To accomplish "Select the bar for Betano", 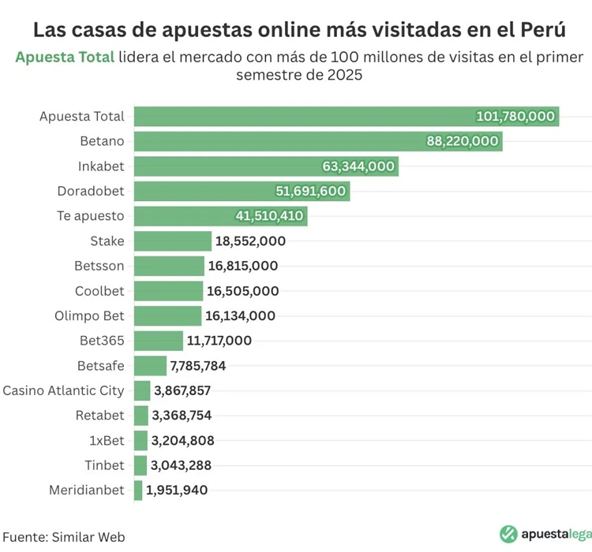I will [x=318, y=141].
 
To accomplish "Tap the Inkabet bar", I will [x=266, y=166].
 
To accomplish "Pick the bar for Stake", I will [x=173, y=241].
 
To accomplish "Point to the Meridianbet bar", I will [x=138, y=490].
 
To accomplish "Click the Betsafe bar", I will [x=151, y=365].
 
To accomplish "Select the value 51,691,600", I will [x=310, y=191].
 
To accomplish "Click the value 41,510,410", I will [x=269, y=216].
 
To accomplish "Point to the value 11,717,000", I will [x=219, y=341].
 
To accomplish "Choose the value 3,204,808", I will [x=183, y=440].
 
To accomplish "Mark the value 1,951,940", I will [x=177, y=490].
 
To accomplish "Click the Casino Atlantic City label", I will [x=64, y=390].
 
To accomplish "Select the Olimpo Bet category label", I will [x=90, y=315].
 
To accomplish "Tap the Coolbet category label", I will [x=99, y=291].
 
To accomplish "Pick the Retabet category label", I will [x=100, y=415].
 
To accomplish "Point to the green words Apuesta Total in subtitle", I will [x=65, y=58].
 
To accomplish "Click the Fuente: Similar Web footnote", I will [x=63, y=536].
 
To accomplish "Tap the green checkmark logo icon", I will [x=509, y=534].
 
